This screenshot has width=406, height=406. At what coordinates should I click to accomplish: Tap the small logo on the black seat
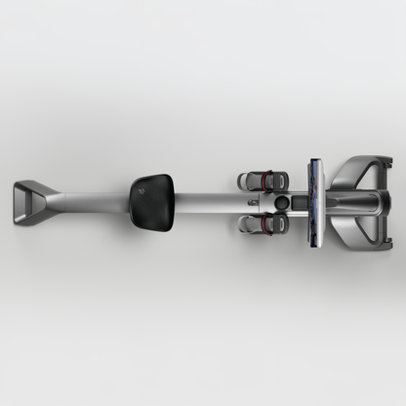pos(141,193)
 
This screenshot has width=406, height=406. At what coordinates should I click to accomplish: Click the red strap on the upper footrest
pos(262,180)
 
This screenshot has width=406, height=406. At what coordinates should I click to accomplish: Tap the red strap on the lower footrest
pos(262,223)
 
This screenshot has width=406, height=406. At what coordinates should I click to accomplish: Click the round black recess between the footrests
pos(285,201)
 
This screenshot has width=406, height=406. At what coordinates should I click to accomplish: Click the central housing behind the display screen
pos(346,201)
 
